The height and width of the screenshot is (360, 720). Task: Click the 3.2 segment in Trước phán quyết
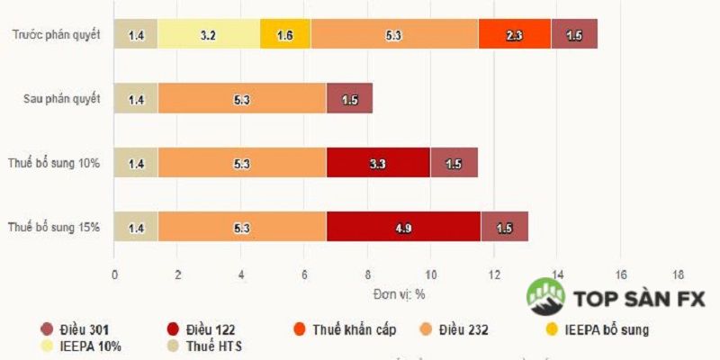(x=209, y=35)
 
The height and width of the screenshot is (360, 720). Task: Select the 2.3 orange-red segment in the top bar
(x=514, y=35)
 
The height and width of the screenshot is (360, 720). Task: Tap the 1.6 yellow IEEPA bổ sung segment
(x=285, y=35)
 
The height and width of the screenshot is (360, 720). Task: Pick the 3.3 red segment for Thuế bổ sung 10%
(x=378, y=164)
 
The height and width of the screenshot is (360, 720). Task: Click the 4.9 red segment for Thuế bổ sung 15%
(x=403, y=228)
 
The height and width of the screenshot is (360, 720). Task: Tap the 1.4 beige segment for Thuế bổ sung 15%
(x=136, y=228)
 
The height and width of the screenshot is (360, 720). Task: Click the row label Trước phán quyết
(x=56, y=35)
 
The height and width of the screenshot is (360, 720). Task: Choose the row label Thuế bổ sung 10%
(x=56, y=164)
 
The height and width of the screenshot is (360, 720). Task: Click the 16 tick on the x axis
(x=620, y=274)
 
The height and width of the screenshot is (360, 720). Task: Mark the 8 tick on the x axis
(x=367, y=274)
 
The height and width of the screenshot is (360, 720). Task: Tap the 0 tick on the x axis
(x=114, y=274)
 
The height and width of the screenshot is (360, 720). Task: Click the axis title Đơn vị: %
(x=400, y=294)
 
